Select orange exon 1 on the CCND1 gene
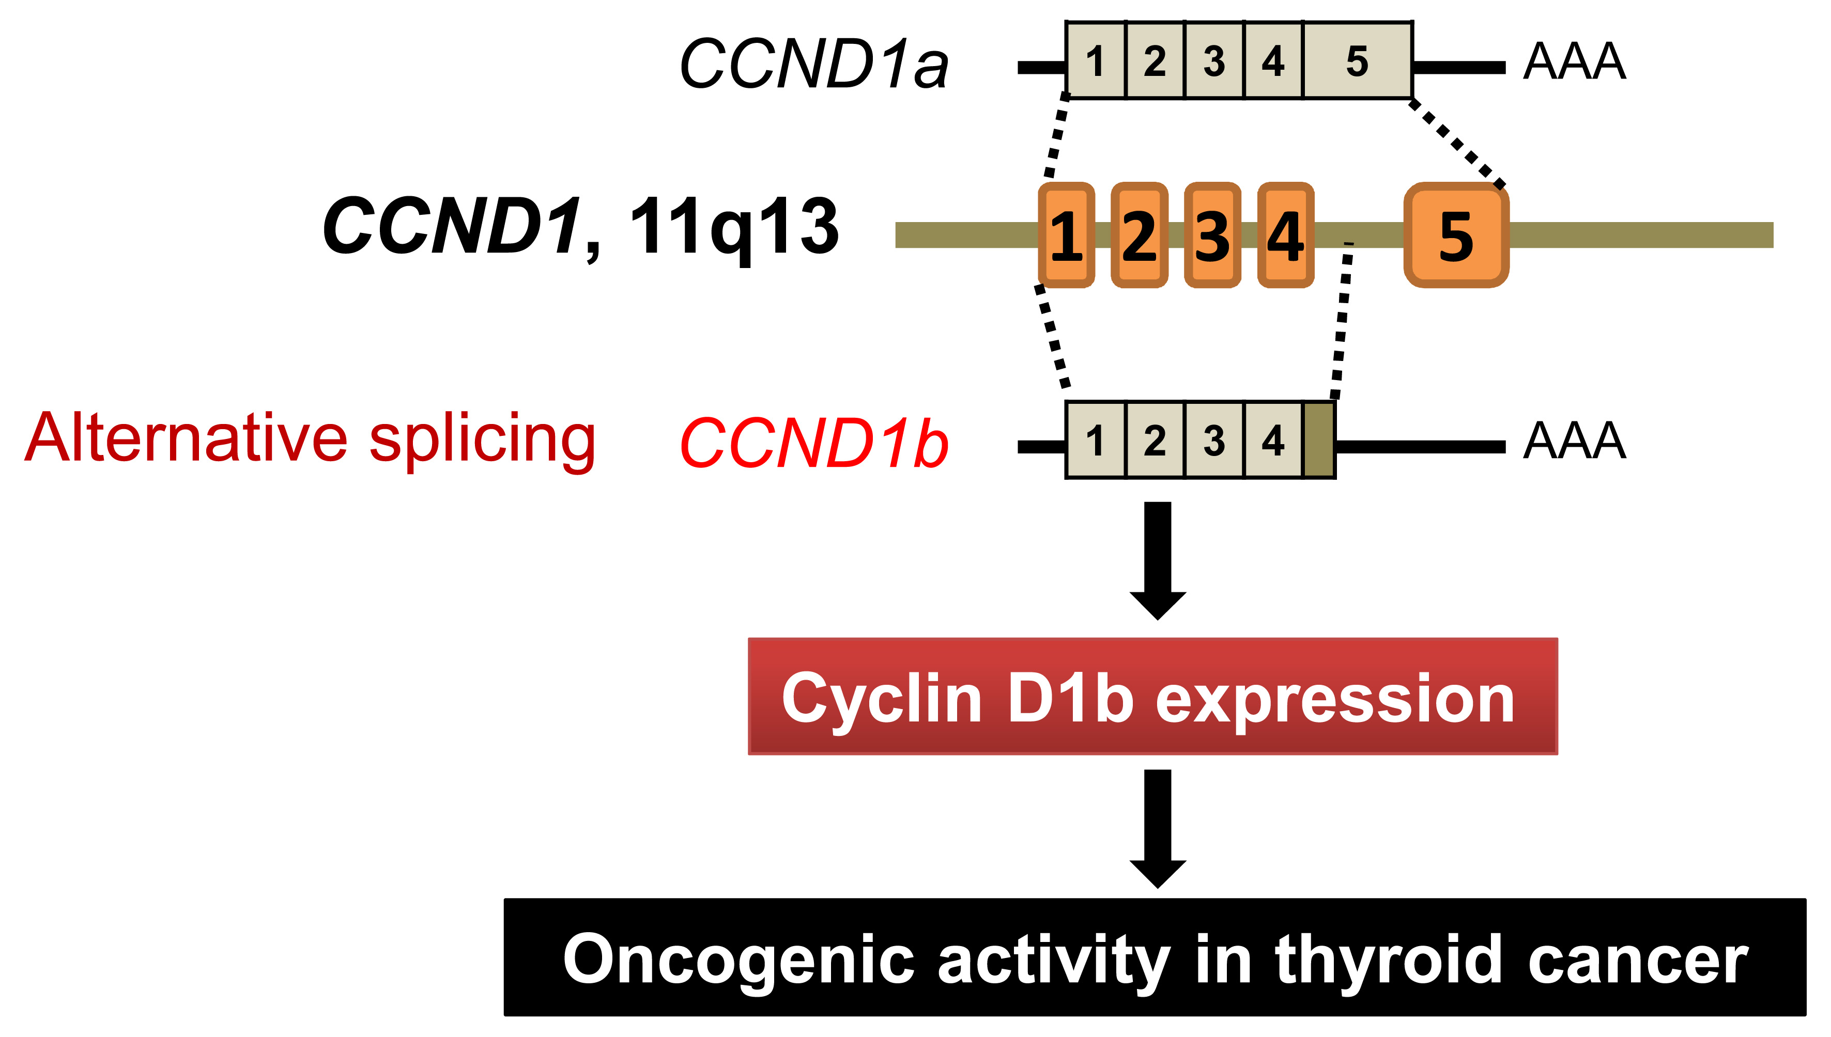(x=1066, y=235)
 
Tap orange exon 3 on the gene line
(x=1212, y=235)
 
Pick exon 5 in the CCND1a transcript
(x=1357, y=60)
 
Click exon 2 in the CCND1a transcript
(x=1155, y=60)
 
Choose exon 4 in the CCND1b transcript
(x=1273, y=440)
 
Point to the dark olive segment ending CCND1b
(x=1319, y=440)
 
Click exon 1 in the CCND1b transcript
(x=1096, y=440)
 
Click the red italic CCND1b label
(x=814, y=443)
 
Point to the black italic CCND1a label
(x=814, y=64)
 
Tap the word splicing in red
(x=482, y=440)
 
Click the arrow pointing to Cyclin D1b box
(x=1158, y=559)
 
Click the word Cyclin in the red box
(x=881, y=699)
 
